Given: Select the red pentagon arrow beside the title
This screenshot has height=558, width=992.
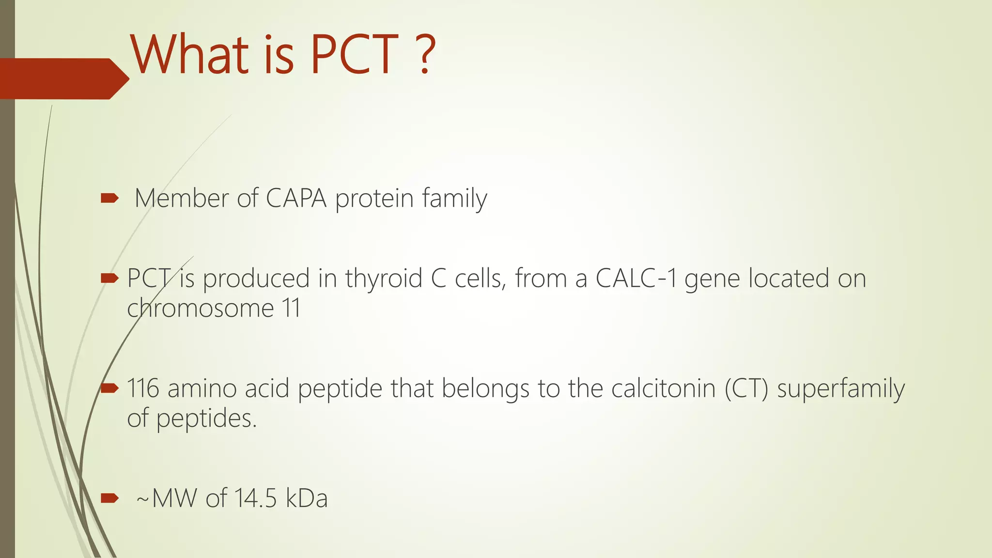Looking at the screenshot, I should point(63,78).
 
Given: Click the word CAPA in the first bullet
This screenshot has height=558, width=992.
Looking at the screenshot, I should point(295,199).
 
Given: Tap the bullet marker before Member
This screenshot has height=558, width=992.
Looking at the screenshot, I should point(109,198).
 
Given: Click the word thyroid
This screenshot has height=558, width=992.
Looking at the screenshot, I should point(384,279).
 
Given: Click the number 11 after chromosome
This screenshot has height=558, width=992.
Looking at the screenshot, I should point(291,309).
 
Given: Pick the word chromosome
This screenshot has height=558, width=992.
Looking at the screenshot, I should point(201,309).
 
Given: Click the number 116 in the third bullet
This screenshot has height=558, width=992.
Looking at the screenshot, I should point(143,388).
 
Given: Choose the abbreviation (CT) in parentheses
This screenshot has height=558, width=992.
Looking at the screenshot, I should point(746,388).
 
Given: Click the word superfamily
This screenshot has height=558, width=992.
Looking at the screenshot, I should point(841,388).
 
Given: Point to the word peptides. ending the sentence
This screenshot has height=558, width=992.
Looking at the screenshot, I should point(206,418).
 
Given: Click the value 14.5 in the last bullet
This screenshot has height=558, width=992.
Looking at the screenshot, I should point(255,498).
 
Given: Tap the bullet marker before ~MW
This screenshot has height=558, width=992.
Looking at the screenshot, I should point(109,498).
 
